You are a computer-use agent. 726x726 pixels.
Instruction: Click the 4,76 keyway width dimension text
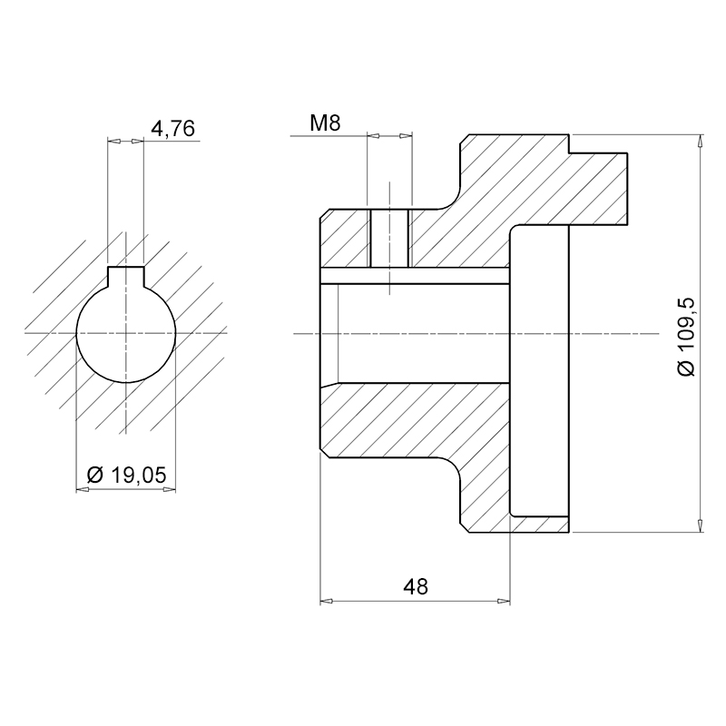(173, 128)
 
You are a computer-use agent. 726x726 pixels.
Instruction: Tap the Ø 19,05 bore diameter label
(126, 475)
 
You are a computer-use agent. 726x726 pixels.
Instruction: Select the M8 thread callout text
(325, 123)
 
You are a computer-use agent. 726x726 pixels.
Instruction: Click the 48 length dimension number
(416, 587)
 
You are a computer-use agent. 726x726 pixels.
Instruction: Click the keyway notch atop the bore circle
(125, 276)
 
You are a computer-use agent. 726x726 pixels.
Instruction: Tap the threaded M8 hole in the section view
(389, 239)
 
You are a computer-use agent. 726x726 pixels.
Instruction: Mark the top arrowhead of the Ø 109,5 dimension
(700, 141)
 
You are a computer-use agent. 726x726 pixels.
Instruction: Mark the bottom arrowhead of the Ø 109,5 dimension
(700, 526)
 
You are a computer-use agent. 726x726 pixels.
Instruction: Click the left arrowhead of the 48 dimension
(327, 602)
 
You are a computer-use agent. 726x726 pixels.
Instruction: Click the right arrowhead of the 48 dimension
(504, 602)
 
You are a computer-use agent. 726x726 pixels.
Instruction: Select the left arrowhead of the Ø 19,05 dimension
(83, 489)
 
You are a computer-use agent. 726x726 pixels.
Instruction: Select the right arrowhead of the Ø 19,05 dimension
(170, 489)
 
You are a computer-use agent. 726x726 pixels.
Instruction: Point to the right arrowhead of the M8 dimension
(406, 136)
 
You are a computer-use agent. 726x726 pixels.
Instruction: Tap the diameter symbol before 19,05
(94, 475)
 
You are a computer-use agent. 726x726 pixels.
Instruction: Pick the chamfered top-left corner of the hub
(325, 214)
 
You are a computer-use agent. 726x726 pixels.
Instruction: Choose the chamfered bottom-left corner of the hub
(325, 452)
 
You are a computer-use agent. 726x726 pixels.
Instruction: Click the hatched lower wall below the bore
(415, 420)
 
